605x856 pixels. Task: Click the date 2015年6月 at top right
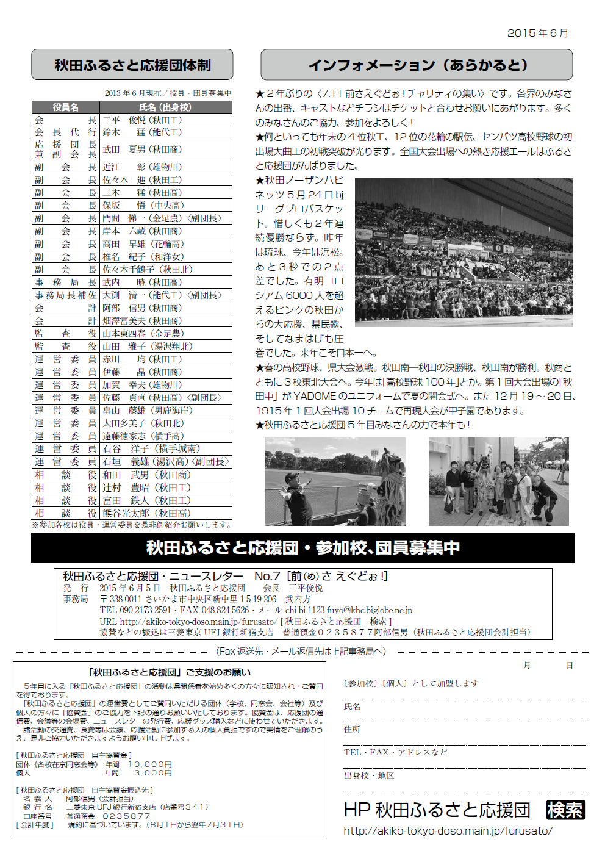[x=537, y=33]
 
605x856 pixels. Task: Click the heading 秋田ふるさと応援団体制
[x=132, y=65]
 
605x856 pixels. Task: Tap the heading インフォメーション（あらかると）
[x=417, y=65]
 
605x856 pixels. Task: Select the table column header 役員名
[x=65, y=107]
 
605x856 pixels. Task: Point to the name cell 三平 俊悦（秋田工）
[x=142, y=120]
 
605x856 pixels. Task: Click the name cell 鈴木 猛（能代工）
[x=142, y=132]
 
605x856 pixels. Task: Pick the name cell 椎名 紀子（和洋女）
[x=143, y=257]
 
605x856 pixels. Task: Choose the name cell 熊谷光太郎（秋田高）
[x=146, y=513]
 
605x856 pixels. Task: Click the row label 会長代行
[x=65, y=132]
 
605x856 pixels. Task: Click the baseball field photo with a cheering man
[x=335, y=481]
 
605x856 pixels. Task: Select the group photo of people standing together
[x=498, y=481]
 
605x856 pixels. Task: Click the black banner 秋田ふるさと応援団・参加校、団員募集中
[x=302, y=547]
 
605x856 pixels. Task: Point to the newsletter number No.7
[x=267, y=576]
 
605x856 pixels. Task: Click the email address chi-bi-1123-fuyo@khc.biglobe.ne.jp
[x=348, y=610]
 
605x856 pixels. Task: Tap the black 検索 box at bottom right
[x=565, y=810]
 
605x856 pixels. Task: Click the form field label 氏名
[x=352, y=707]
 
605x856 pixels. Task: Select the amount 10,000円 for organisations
[x=150, y=764]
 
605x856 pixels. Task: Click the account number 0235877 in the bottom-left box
[x=126, y=816]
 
